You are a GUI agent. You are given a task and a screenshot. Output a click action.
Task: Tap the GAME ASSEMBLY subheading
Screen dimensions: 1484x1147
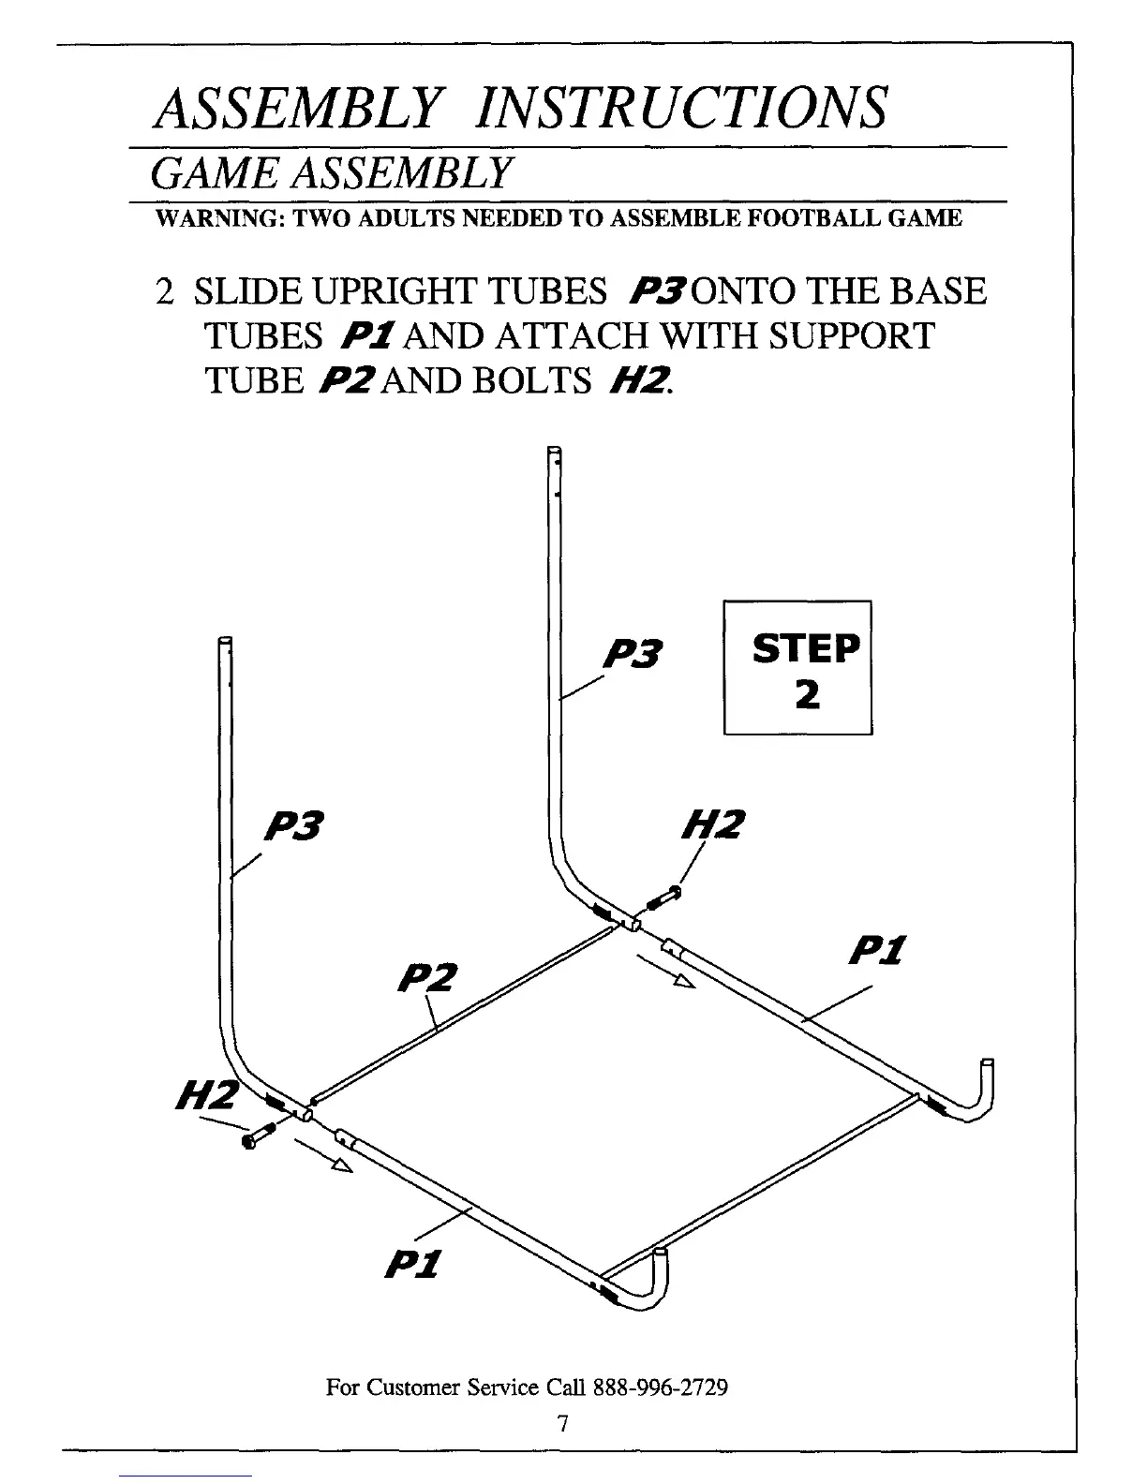point(334,173)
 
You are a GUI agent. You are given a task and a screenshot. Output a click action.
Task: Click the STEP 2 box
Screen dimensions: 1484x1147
point(798,667)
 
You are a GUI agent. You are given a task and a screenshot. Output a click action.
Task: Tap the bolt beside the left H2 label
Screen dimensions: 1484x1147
point(258,1135)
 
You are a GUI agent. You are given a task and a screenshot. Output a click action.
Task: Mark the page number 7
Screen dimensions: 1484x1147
point(562,1423)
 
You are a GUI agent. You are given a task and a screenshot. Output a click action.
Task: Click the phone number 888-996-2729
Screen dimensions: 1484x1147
point(661,1387)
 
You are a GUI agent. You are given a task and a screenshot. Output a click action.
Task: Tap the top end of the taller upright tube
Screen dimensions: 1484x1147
point(553,453)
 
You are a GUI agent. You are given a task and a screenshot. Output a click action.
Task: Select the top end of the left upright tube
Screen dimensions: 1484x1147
point(224,643)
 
